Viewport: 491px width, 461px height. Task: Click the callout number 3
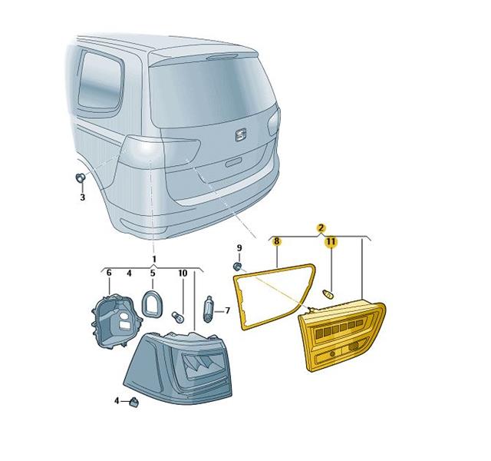coord(82,197)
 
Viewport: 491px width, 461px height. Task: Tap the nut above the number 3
coord(81,178)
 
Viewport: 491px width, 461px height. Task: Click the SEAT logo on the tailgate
coord(241,135)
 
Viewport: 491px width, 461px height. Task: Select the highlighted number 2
coord(321,227)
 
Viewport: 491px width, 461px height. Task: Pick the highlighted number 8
coord(276,241)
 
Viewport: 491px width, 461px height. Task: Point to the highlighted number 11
coord(331,241)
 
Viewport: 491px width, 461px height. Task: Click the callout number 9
coord(239,248)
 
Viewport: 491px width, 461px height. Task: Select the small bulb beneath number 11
coord(328,294)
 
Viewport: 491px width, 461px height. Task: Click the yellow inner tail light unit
coord(342,337)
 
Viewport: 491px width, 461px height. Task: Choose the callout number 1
coord(153,259)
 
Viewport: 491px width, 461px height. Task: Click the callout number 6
coord(109,273)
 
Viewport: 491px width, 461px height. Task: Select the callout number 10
coord(183,274)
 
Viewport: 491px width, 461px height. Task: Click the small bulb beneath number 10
coord(178,317)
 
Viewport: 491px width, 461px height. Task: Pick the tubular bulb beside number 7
coord(209,309)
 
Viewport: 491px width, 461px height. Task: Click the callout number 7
coord(228,310)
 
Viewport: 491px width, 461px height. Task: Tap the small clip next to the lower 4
coord(134,402)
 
